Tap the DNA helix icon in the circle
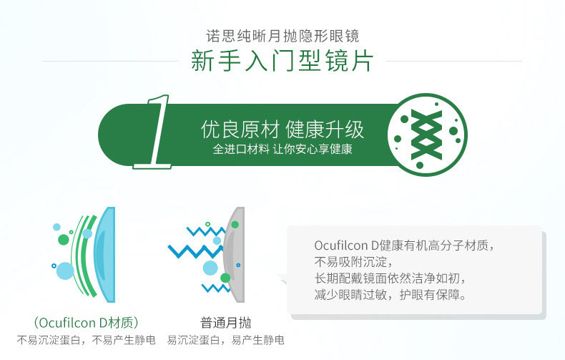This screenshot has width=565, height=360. (x=427, y=135)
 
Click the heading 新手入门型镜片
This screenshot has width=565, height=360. (x=282, y=60)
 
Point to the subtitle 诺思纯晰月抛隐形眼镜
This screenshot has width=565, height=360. (x=282, y=36)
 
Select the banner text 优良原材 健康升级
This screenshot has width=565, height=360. (x=282, y=129)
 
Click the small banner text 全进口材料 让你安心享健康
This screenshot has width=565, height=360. (x=282, y=149)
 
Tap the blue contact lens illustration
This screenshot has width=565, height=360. (x=104, y=254)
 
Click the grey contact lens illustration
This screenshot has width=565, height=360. (x=234, y=254)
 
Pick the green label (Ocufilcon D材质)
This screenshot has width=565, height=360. (x=86, y=322)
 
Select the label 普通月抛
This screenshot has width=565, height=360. (x=225, y=322)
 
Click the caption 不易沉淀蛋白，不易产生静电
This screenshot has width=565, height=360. (x=86, y=339)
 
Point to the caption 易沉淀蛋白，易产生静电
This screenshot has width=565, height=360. (x=225, y=339)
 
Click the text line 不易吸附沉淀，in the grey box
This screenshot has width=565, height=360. (x=353, y=261)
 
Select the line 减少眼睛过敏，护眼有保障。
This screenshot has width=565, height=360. (x=390, y=295)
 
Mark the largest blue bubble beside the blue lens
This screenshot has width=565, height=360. (x=65, y=271)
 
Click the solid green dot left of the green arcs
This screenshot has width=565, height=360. (x=64, y=239)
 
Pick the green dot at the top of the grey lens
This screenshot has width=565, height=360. (x=235, y=225)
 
